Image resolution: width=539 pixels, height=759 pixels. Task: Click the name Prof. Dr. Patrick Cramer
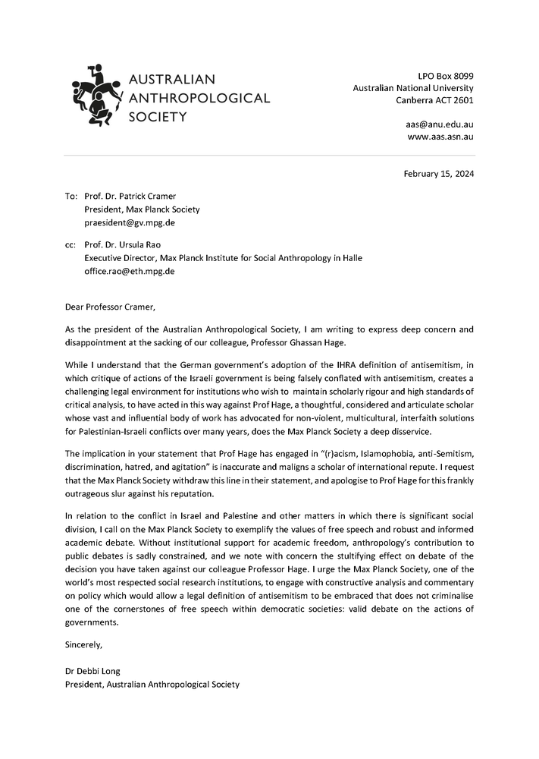130,197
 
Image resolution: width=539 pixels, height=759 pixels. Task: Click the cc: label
71,245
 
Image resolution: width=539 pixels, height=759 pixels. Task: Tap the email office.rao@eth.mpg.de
130,271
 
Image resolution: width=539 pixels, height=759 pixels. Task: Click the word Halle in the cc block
351,258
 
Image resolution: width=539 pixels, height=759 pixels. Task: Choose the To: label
71,197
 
